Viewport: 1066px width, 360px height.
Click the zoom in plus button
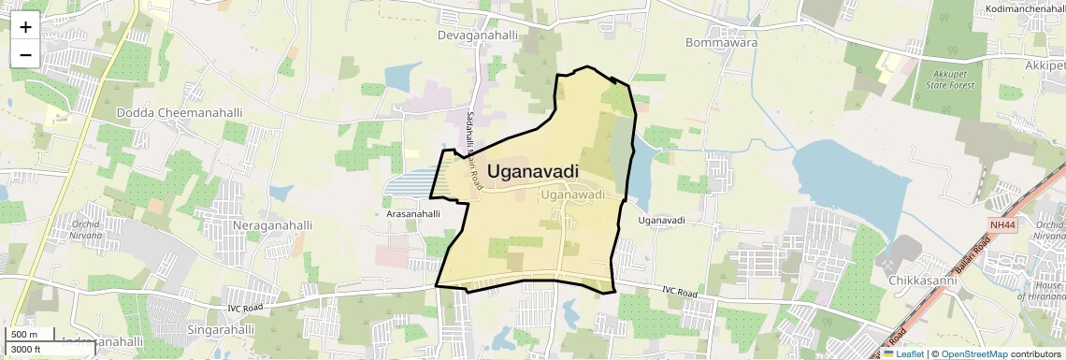pyautogui.click(x=25, y=27)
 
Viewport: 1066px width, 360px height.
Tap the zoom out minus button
pyautogui.click(x=25, y=54)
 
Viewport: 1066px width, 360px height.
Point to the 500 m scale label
pyautogui.click(x=24, y=335)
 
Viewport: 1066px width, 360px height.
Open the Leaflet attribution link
pyautogui.click(x=903, y=354)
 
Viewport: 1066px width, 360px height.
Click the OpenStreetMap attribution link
pyautogui.click(x=973, y=354)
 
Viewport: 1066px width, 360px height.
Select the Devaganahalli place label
pyautogui.click(x=478, y=35)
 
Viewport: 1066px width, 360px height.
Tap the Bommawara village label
pyautogui.click(x=721, y=42)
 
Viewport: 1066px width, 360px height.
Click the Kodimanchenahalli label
pyautogui.click(x=1025, y=9)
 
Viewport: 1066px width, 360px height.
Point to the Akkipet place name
pyautogui.click(x=1044, y=66)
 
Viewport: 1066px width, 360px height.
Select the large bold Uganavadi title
pyautogui.click(x=533, y=172)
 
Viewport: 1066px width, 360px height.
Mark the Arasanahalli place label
pyautogui.click(x=412, y=214)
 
